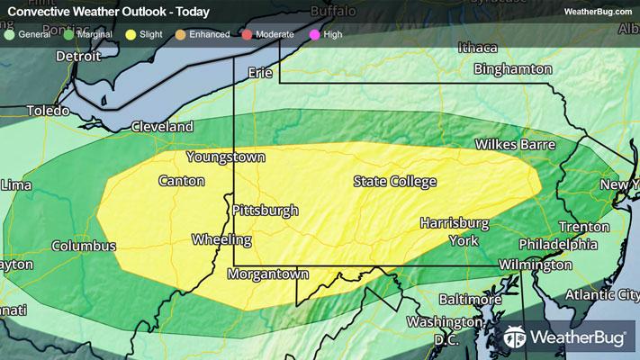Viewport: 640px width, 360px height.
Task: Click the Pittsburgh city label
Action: (265, 211)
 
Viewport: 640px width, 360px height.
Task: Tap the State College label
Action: (394, 182)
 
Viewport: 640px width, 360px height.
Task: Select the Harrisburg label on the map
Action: (454, 222)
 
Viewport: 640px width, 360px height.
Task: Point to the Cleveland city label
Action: (162, 128)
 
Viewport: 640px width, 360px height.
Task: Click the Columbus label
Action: (84, 246)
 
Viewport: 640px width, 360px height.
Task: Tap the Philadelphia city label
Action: (558, 245)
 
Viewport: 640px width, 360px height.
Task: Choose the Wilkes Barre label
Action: (515, 145)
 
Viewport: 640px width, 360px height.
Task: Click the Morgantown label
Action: (268, 274)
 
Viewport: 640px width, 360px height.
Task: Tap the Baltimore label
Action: (469, 299)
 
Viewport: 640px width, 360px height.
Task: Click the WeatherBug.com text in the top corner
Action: (597, 11)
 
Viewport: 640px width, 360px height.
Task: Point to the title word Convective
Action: (39, 11)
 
